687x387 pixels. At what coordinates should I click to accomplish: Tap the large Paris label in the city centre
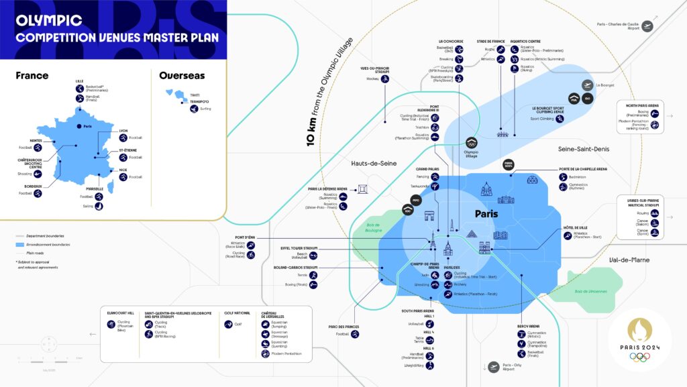486,214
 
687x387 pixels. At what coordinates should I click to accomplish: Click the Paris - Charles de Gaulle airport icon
647,25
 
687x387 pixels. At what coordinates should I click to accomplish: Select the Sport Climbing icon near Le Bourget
560,118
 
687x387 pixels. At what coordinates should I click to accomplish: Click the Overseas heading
182,76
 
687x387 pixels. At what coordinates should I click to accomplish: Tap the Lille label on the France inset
79,81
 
